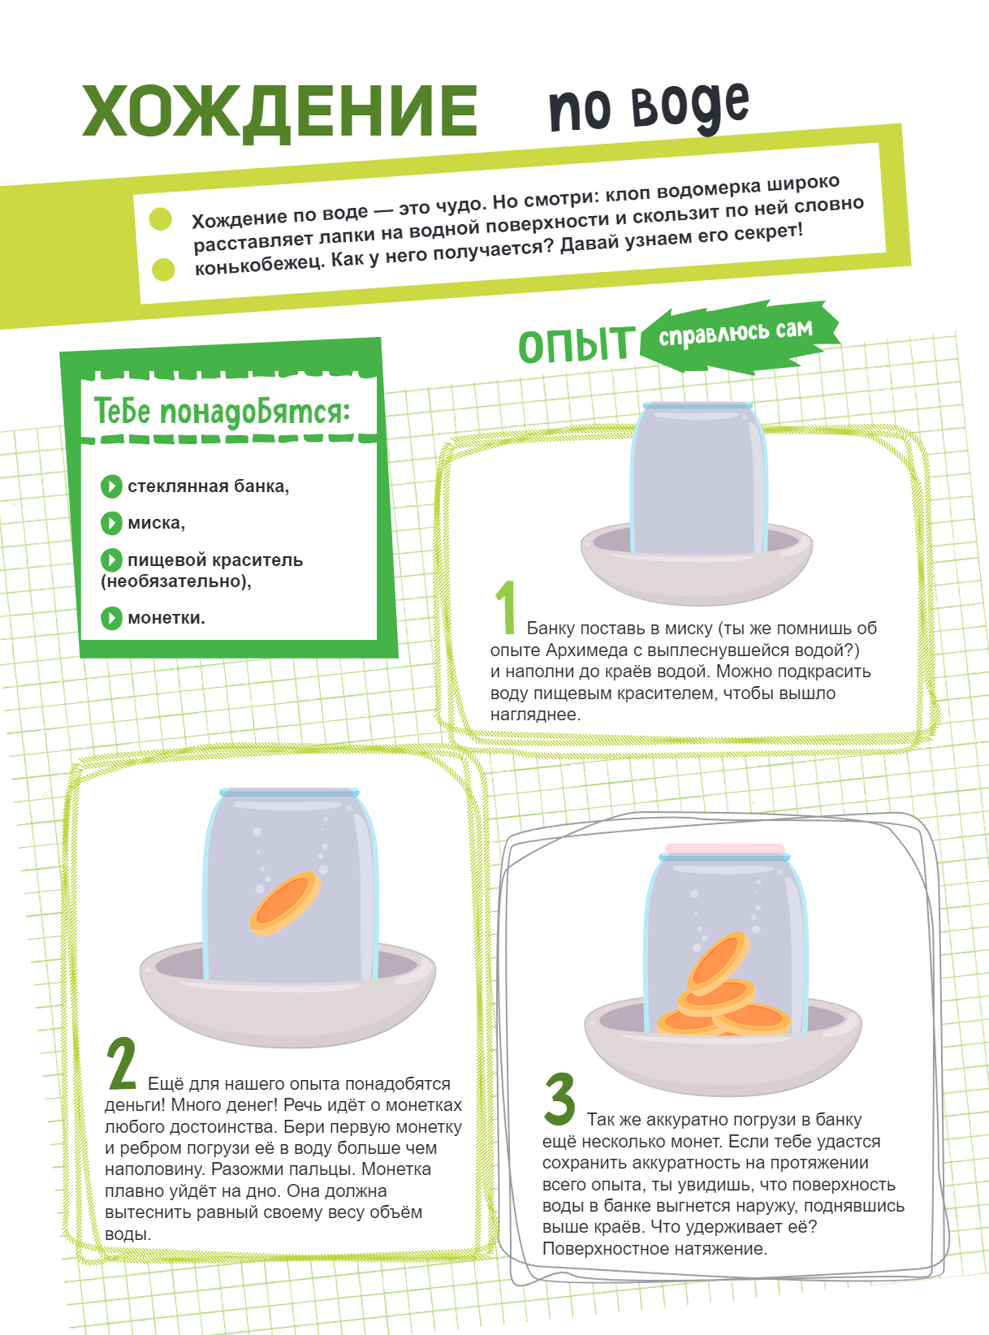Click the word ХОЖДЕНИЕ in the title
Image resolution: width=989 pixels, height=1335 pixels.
point(280,113)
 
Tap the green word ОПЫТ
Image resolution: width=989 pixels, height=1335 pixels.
point(577,345)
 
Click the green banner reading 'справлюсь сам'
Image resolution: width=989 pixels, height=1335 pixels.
point(739,335)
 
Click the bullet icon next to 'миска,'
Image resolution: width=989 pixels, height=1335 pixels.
point(111,523)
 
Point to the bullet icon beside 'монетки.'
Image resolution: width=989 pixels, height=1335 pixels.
point(111,618)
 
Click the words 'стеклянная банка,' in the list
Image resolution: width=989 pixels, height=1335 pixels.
point(208,486)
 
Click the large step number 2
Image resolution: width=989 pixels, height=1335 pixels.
point(122,1064)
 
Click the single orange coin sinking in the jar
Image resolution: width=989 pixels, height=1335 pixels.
point(285,903)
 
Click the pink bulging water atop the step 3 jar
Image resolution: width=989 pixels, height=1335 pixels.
point(725,849)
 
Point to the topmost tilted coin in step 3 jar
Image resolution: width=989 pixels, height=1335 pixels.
point(718,963)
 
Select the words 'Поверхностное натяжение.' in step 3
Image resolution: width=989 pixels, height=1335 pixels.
point(654,1248)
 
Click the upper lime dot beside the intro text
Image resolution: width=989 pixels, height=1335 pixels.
point(160,218)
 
